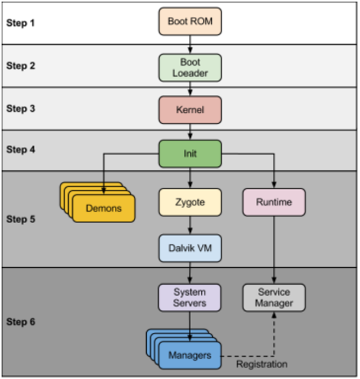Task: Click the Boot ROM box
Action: click(190, 21)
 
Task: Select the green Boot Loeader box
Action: click(190, 68)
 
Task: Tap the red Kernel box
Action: click(190, 110)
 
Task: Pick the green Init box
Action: click(190, 154)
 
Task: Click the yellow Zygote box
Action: click(190, 202)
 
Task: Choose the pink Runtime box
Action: click(274, 202)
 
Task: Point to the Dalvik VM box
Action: click(190, 248)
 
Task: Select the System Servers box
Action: click(190, 297)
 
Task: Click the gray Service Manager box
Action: click(274, 297)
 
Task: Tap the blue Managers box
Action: click(189, 355)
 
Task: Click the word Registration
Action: click(262, 365)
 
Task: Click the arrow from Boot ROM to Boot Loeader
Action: click(190, 44)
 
